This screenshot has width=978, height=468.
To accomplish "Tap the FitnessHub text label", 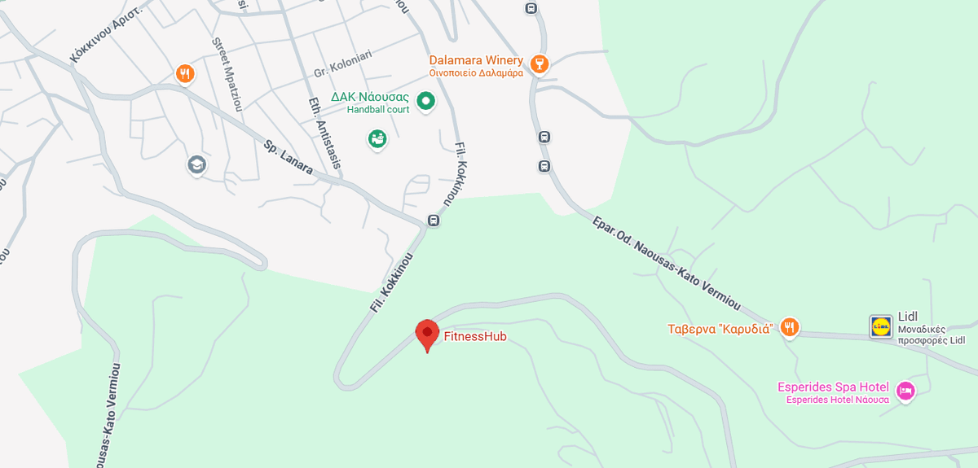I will click(475, 335).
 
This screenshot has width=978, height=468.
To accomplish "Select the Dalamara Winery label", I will click(476, 60).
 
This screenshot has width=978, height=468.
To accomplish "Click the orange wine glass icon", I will click(538, 63).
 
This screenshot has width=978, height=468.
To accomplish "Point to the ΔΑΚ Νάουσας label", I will click(369, 97).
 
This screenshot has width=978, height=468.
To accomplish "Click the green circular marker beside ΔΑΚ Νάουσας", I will click(425, 102).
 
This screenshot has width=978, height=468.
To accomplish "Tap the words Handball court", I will click(377, 110).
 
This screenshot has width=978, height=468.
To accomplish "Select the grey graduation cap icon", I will click(196, 164).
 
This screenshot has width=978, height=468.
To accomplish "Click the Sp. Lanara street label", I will click(289, 157).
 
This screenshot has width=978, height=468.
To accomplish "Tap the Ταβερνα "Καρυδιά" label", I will click(720, 329).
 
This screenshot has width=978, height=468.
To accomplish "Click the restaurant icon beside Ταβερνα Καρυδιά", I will click(788, 327).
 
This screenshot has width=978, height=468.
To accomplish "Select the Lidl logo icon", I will click(881, 326).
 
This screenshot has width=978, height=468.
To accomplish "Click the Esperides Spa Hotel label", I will click(833, 387).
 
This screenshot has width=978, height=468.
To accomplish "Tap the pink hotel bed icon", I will click(905, 391).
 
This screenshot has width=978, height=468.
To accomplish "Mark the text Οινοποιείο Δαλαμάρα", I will click(476, 73).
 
